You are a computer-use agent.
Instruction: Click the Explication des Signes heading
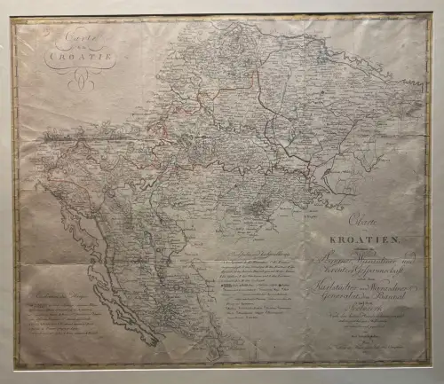pyautogui.click(x=59, y=296)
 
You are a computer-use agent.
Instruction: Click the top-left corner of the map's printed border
pyautogui.click(x=13, y=19)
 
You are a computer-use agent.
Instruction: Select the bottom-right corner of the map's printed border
pyautogui.click(x=430, y=365)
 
